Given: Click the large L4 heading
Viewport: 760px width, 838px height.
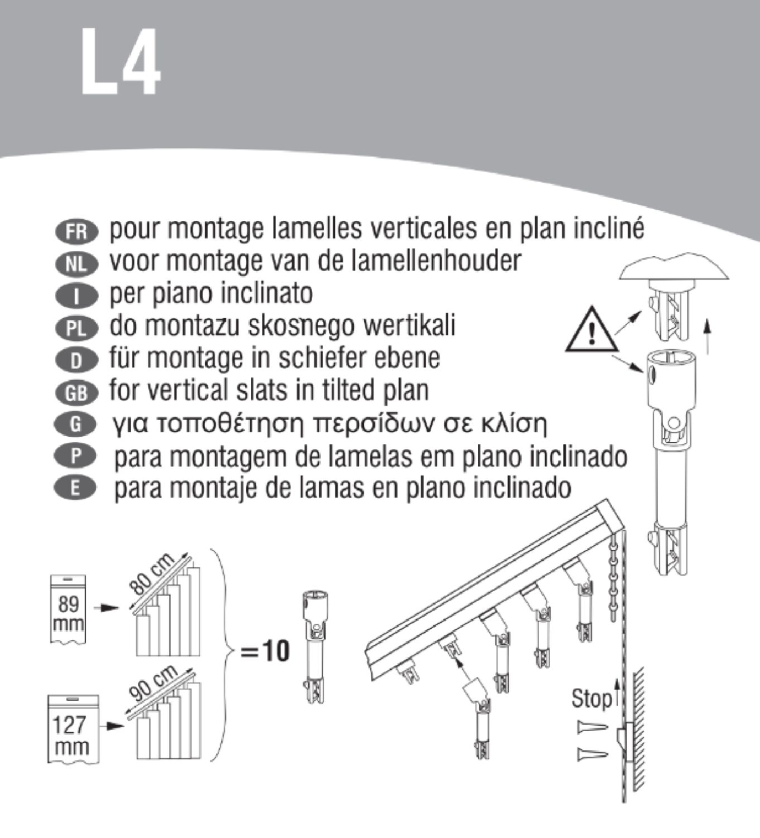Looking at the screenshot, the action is [x=121, y=61].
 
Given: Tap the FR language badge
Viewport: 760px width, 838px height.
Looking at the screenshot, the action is [x=77, y=231].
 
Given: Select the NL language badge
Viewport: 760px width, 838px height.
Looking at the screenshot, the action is [x=77, y=263].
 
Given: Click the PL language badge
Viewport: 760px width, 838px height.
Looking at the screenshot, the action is [x=77, y=328].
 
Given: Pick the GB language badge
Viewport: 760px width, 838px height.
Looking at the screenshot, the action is [x=77, y=393].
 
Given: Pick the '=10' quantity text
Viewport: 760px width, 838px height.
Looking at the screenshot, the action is [x=264, y=651].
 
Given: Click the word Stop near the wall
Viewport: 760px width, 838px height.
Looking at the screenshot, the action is [x=592, y=699].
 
